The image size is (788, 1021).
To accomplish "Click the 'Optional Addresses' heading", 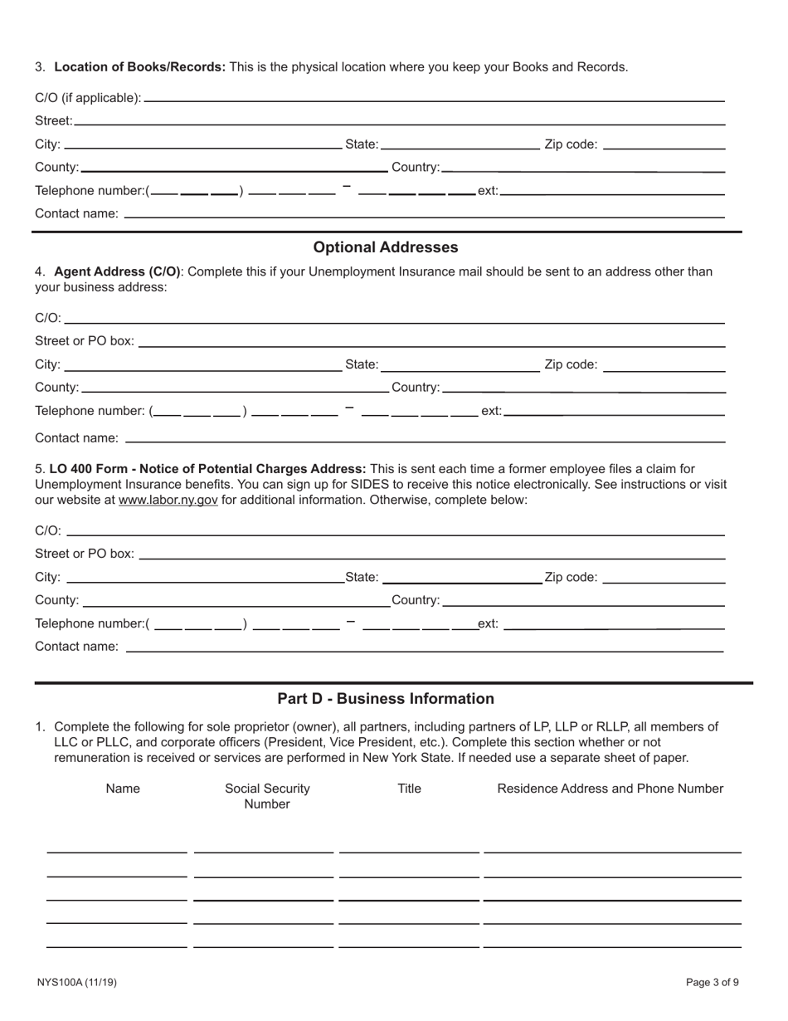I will coord(385,247).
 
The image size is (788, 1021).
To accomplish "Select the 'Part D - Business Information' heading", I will coord(385,699).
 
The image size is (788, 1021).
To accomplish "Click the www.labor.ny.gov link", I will coord(168,500).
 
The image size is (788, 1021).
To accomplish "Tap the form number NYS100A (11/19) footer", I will coord(76,983).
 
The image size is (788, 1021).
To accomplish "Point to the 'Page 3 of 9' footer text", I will coord(712,983).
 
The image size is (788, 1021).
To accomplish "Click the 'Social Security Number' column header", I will coord(267,796).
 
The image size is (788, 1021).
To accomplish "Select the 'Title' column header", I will coord(409,789).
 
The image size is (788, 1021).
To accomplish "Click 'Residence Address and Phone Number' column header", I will coord(610,789).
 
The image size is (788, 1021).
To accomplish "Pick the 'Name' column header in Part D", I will coord(123,789).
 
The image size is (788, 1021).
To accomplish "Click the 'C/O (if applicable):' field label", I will coord(88,98).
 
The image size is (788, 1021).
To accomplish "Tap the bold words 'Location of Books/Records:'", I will coord(139,67).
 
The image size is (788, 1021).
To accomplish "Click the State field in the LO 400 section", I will coord(461,578).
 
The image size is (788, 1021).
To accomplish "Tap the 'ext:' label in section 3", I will coord(488,191).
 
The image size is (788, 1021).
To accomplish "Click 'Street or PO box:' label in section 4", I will coord(85,341).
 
